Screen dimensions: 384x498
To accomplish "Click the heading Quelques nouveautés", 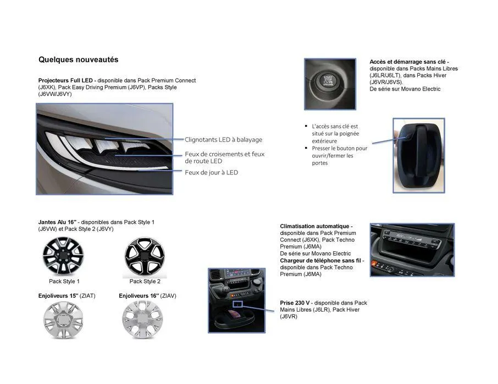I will pos(78,60).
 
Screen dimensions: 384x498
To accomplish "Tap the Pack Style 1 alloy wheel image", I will pos(63,257).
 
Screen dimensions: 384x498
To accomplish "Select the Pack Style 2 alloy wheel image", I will pos(145,257).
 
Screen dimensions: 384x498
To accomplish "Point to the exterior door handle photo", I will pos(419,155).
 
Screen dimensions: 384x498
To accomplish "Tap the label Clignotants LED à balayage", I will pos(223,140).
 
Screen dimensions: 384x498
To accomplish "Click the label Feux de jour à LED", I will pos(211,172).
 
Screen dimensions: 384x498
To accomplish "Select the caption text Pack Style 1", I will pos(64,281).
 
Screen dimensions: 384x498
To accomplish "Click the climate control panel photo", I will pos(412,249).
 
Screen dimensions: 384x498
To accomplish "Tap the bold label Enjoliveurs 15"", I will pos(58,296).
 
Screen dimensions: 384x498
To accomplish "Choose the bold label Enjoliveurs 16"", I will pos(139,296).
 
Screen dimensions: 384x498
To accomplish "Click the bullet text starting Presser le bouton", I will pos(339,155).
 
